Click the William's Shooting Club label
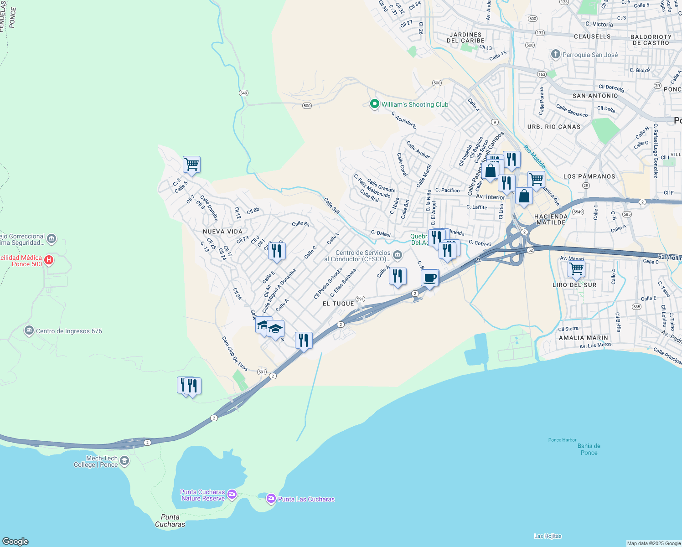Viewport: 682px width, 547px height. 414,104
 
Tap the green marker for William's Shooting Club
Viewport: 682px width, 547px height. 374,104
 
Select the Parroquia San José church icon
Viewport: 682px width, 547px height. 555,55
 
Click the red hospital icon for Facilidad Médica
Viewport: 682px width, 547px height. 49,260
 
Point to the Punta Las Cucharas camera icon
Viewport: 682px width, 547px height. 271,499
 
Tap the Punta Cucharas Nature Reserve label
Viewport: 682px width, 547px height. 202,495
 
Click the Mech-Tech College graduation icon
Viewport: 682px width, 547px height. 124,461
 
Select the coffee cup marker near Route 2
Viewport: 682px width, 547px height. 429,278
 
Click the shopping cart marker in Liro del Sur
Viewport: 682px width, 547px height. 576,269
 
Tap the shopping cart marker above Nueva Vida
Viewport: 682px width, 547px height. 191,164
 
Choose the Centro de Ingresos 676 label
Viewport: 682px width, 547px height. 69,331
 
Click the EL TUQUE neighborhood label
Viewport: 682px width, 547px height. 338,304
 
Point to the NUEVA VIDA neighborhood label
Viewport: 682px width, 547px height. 223,232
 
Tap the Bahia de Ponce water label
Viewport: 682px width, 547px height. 589,449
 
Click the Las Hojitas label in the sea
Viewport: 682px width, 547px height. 548,536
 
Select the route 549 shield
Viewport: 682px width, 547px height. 243,93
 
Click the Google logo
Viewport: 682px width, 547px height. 15,541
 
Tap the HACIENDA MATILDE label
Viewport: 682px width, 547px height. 551,219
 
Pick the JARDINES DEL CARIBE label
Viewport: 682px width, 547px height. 465,37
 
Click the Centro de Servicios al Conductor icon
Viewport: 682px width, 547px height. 398,254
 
